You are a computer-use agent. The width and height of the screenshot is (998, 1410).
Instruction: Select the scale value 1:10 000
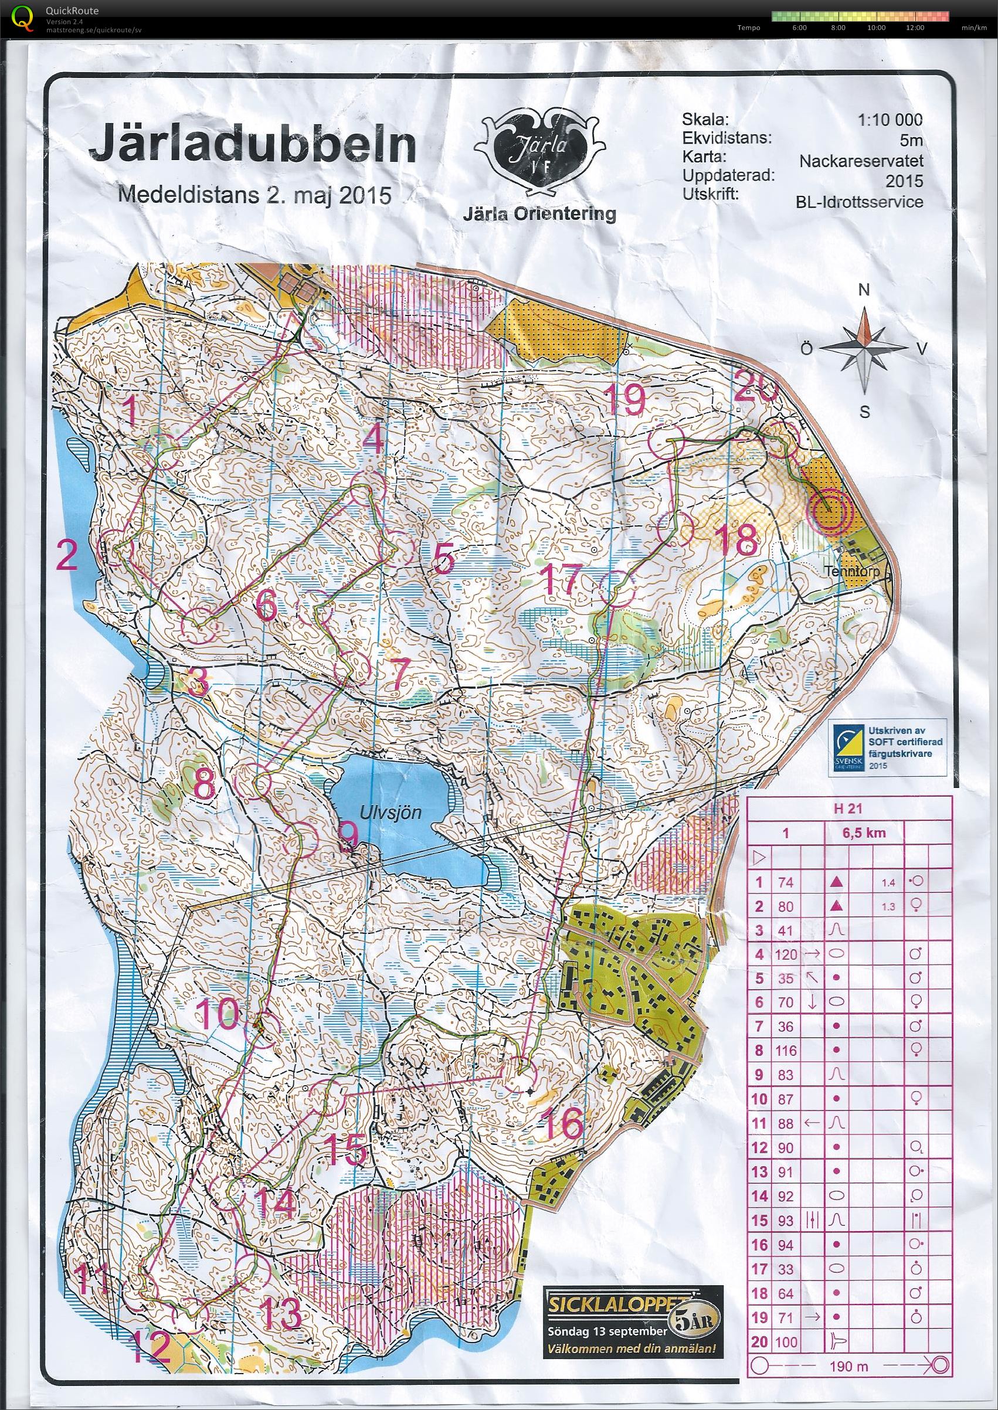pos(889,120)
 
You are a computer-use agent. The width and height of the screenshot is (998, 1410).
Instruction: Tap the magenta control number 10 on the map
pos(218,1013)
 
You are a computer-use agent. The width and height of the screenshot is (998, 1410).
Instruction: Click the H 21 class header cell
pos(847,809)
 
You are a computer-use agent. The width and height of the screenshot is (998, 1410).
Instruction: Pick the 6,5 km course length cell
pos(864,833)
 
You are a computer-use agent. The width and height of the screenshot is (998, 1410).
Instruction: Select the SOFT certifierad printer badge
pos(886,748)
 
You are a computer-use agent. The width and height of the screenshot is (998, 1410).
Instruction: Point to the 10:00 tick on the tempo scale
pos(875,28)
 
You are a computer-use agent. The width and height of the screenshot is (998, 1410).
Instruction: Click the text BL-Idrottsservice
pos(858,202)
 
